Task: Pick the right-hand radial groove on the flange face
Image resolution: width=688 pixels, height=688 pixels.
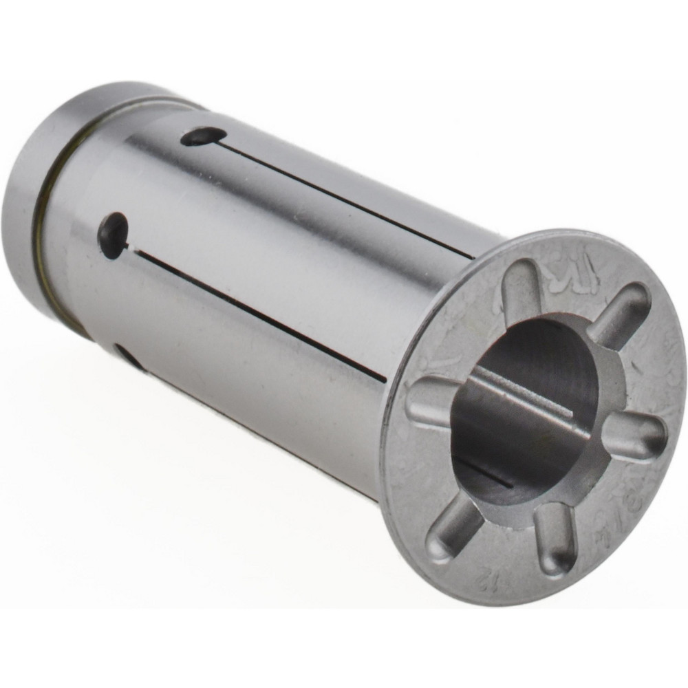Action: pyautogui.click(x=634, y=438)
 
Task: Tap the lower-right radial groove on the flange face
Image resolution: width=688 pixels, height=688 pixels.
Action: pyautogui.click(x=555, y=539)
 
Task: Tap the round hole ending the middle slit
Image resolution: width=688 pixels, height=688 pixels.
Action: pyautogui.click(x=114, y=235)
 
